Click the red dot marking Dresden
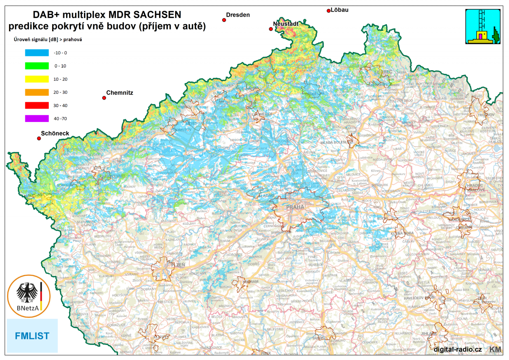(x=224, y=20)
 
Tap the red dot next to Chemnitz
(x=104, y=98)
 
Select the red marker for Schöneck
(x=39, y=138)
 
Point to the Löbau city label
(x=339, y=10)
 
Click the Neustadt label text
(x=286, y=24)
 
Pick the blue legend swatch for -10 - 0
(x=37, y=53)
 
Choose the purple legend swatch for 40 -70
(x=37, y=118)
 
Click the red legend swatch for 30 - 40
(x=37, y=105)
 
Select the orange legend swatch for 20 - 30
(x=37, y=92)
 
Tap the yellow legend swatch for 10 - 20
(x=37, y=79)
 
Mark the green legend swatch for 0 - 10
(x=37, y=66)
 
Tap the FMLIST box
(x=32, y=336)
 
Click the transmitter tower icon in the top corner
(x=483, y=26)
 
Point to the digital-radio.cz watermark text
(x=457, y=349)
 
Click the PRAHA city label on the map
(x=295, y=207)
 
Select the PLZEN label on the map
(x=178, y=265)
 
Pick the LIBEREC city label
(x=383, y=72)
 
